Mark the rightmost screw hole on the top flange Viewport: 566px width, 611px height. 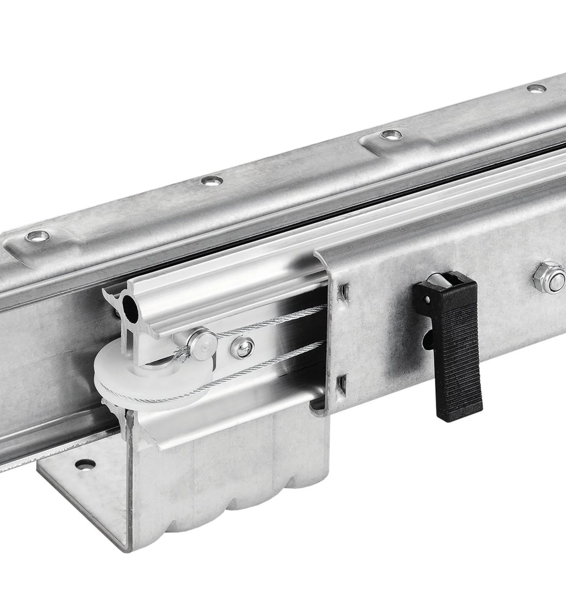click(x=536, y=88)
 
